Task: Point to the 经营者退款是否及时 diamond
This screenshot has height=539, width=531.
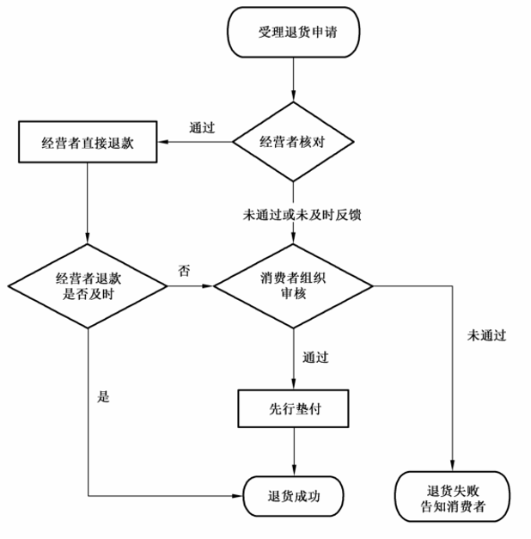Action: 88,285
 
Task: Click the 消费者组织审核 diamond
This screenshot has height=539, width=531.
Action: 294,285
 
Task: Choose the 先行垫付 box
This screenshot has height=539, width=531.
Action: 294,409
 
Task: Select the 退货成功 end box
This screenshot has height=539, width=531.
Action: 294,496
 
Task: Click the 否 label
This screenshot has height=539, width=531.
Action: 184,271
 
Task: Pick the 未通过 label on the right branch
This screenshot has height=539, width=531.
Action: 486,335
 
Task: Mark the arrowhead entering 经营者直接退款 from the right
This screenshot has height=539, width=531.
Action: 164,142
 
